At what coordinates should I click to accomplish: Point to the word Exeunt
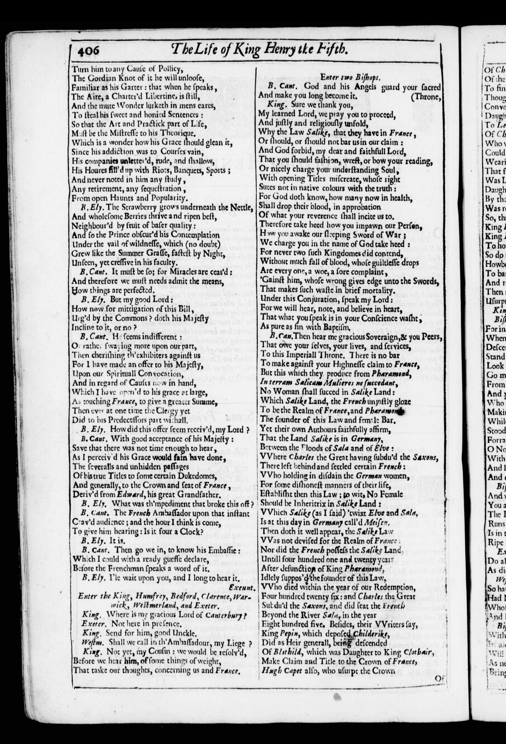pos(242,587)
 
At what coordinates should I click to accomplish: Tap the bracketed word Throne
pos(427,96)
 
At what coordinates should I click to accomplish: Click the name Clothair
pos(420,653)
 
